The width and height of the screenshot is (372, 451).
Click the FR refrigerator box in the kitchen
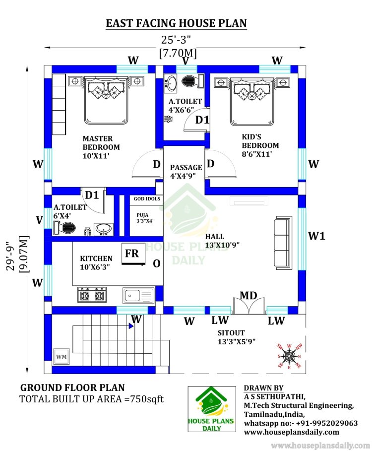point(133,254)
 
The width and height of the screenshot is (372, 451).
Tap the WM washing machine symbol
point(61,357)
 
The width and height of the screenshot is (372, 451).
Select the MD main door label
point(248,295)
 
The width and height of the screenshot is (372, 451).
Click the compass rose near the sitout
point(289,356)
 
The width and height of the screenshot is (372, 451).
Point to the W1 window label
point(317,236)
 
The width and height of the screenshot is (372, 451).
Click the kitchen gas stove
point(92,295)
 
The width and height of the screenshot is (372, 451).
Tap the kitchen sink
point(138,295)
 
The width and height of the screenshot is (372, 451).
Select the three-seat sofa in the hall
point(283,243)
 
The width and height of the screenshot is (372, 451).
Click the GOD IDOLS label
point(147,199)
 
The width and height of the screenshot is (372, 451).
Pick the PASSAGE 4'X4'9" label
point(186,172)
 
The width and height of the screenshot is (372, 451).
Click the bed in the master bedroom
point(106,100)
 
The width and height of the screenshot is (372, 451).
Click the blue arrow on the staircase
point(131,326)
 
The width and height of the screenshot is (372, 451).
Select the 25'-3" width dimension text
point(176,39)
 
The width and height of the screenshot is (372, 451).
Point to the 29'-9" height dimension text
point(10,256)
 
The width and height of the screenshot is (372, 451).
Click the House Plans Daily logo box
point(212,409)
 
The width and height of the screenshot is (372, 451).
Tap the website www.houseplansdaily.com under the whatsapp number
point(292,432)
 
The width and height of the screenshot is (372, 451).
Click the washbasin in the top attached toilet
point(171,84)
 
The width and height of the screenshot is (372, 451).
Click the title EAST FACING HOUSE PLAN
point(176,23)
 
